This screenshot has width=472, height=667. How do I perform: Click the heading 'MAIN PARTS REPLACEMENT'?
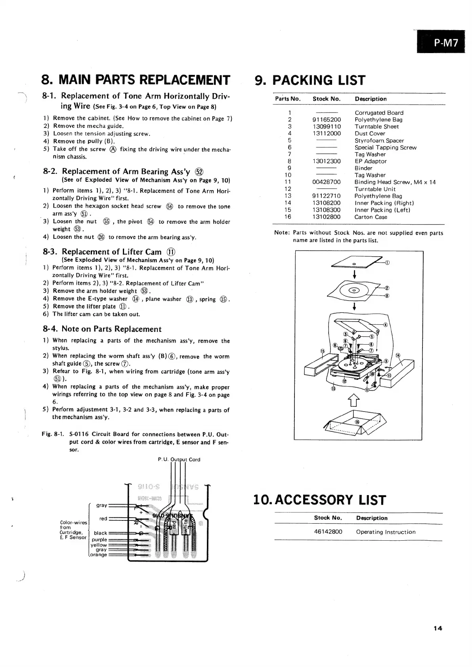[135, 80]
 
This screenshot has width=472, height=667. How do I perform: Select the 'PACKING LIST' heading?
[310, 80]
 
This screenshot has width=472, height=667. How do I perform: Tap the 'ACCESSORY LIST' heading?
[319, 500]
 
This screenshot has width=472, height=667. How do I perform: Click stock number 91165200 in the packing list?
[326, 120]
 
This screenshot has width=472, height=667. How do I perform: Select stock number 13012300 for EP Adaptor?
[326, 161]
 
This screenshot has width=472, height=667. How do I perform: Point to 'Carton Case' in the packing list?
[371, 217]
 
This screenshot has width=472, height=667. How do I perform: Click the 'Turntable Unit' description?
[375, 189]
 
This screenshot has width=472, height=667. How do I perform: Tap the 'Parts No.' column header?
[288, 99]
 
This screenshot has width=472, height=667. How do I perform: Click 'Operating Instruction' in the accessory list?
[386, 532]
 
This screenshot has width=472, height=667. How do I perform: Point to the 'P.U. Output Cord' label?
[179, 459]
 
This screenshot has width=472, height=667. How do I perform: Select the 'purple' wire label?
[99, 539]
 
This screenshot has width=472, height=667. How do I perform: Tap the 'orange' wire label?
[98, 555]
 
